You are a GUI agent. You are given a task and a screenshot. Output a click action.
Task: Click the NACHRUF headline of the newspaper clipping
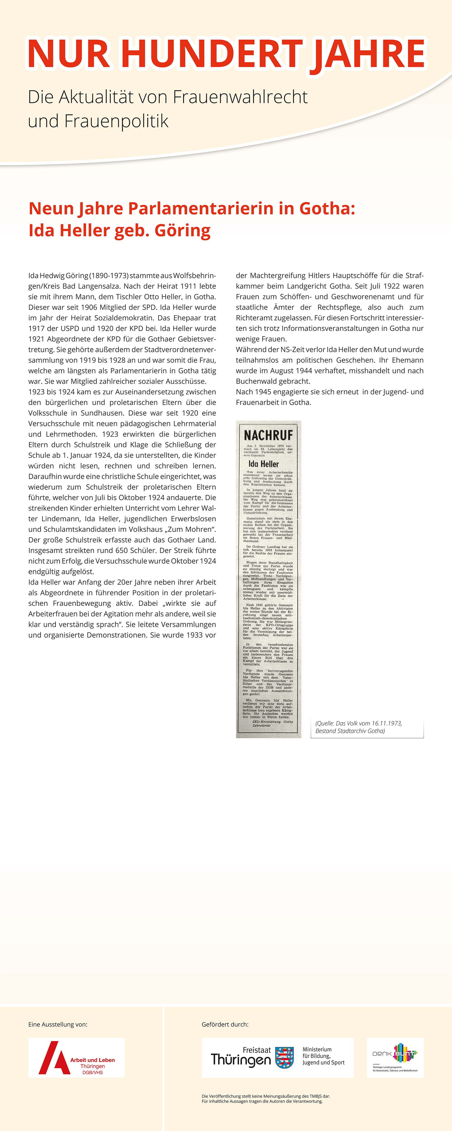pos(268,435)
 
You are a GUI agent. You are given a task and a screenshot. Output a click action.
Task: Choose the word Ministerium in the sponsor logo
pos(317,1049)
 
